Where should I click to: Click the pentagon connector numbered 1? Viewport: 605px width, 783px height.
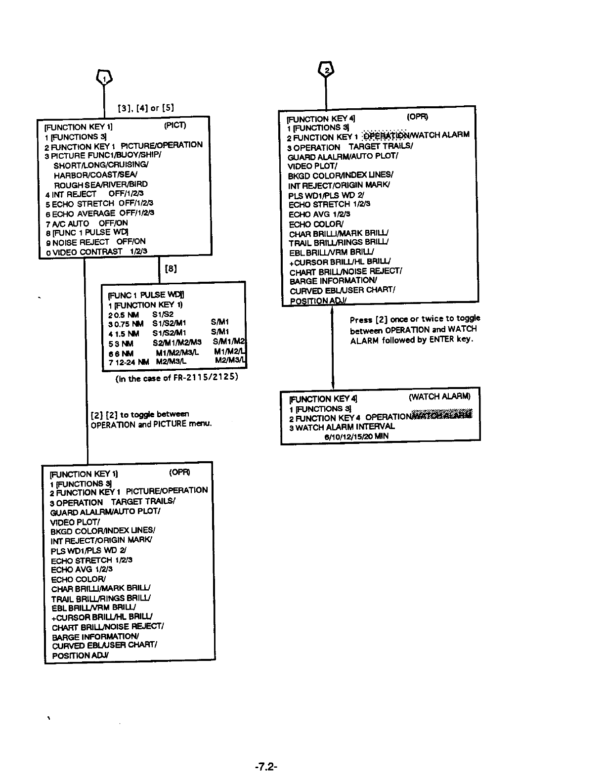104,77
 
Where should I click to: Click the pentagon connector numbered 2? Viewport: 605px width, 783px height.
326,70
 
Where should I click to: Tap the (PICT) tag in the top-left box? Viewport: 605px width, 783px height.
175,126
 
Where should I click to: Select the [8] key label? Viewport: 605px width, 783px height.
171,269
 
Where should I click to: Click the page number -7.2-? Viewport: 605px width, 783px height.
266,767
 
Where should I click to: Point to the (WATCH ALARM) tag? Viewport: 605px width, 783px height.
439,396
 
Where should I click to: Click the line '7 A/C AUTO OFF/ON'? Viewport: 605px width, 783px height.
86,223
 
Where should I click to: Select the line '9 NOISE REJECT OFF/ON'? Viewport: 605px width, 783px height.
95,242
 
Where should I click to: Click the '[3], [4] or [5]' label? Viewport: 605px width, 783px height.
145,108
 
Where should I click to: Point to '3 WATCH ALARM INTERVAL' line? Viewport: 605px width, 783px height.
342,427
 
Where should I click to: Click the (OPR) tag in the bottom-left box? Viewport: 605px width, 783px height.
179,472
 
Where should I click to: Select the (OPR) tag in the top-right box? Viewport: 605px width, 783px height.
418,117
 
